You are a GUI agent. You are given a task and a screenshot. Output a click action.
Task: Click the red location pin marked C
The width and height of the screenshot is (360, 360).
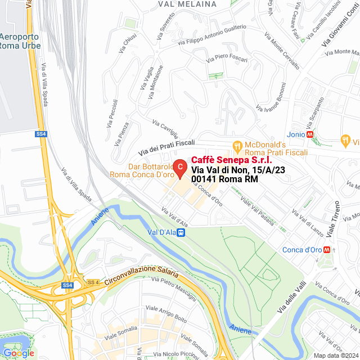[x=179, y=168]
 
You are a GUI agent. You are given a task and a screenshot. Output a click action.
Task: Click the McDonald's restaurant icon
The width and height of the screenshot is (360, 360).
[x=238, y=145]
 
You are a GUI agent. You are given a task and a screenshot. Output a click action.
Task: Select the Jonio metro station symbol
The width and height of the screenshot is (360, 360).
[x=310, y=134]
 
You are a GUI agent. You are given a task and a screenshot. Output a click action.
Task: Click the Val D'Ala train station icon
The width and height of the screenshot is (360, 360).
[x=181, y=232]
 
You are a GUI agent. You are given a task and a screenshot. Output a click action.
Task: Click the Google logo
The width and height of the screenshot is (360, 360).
[x=19, y=353]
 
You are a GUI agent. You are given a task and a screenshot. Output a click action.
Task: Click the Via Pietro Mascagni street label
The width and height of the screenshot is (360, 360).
[x=169, y=287]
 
